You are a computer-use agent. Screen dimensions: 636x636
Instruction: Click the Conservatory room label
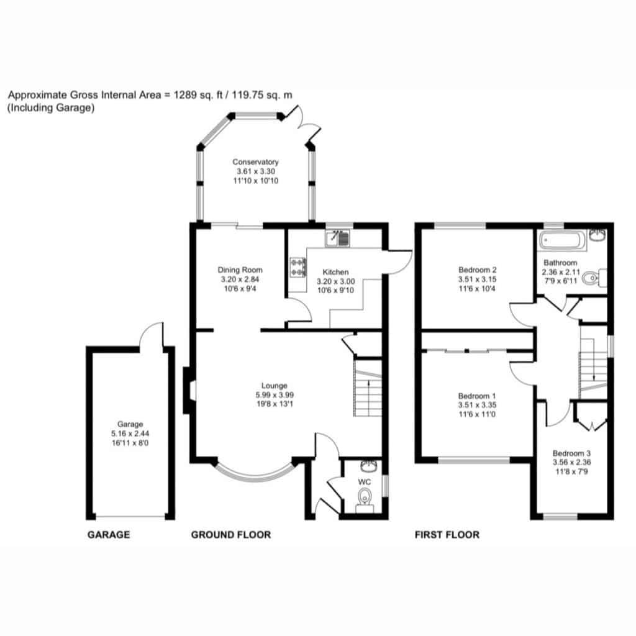(255, 162)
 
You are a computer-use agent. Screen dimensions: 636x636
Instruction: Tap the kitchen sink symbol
(337, 238)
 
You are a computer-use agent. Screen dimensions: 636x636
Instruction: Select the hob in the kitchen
(298, 268)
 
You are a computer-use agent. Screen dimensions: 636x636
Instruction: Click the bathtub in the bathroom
(562, 240)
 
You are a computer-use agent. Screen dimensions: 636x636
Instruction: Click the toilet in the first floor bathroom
(594, 278)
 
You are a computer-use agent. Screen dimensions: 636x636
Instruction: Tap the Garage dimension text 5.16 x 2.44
(130, 434)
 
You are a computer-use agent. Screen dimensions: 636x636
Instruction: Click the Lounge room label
(274, 386)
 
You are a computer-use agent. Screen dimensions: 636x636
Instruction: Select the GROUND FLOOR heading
(231, 535)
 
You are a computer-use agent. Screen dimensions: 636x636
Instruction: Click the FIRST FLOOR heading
(447, 535)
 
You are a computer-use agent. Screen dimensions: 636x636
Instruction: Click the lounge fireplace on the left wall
(189, 391)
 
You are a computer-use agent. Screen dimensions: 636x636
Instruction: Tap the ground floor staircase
(368, 388)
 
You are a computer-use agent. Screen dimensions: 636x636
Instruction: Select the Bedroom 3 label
(571, 453)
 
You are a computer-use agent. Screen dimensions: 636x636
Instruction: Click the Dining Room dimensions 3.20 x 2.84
(240, 279)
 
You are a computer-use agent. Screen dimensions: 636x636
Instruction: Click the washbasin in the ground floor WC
(369, 466)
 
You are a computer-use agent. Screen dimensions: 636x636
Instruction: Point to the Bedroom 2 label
(478, 270)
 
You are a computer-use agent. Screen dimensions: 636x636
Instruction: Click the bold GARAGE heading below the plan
(109, 535)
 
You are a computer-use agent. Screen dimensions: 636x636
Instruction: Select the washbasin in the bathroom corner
(598, 235)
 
